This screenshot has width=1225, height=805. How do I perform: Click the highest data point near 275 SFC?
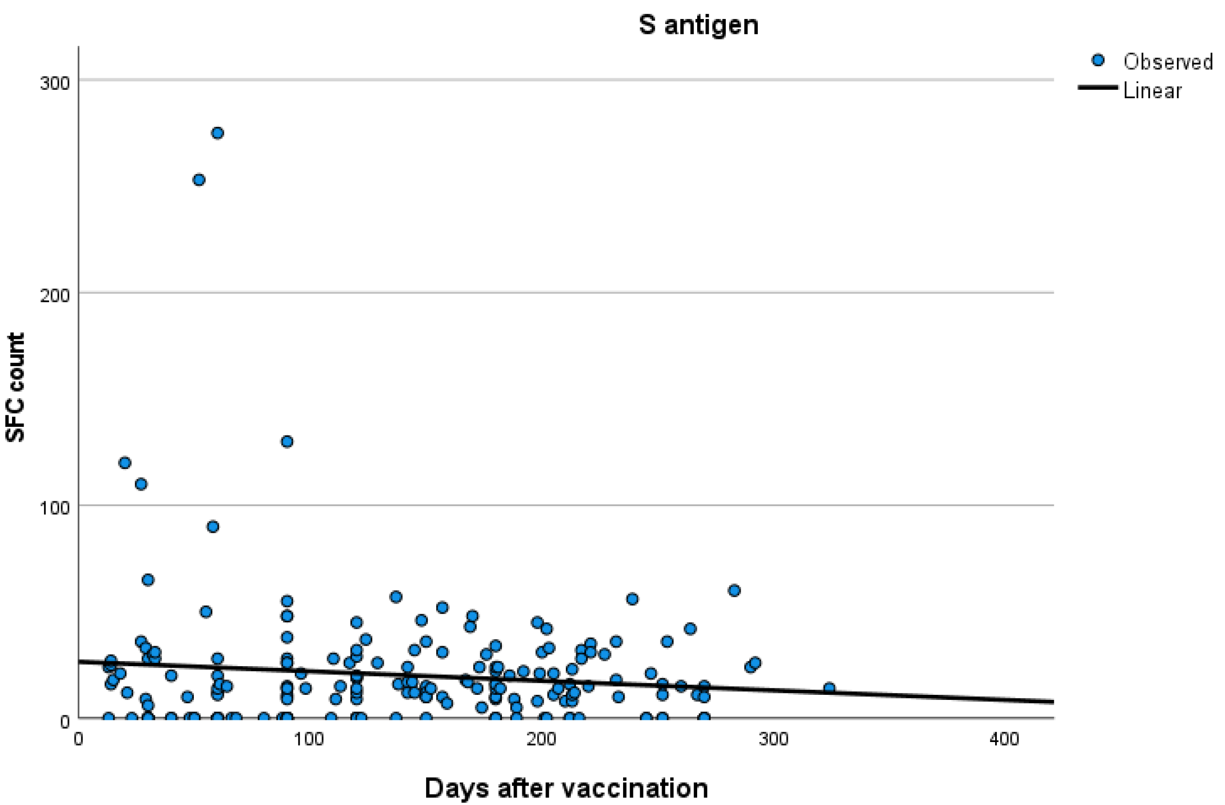(x=217, y=133)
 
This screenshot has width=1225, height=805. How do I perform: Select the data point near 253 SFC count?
(x=198, y=180)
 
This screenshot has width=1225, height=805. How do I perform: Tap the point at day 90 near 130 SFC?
(x=287, y=442)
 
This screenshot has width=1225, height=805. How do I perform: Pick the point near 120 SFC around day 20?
(x=124, y=462)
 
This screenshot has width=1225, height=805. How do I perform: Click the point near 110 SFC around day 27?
(x=141, y=484)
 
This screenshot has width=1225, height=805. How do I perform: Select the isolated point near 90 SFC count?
(x=213, y=526)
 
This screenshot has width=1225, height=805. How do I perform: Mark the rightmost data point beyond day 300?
(x=829, y=688)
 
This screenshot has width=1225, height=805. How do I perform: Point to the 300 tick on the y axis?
(x=55, y=82)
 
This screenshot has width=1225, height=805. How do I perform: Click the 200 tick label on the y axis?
(x=55, y=295)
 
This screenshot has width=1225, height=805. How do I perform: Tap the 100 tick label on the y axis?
(x=55, y=508)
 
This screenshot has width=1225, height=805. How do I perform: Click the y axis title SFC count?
(x=15, y=387)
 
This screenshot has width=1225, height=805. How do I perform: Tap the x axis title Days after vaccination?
(x=566, y=788)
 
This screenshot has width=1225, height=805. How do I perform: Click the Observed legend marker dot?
(x=1098, y=60)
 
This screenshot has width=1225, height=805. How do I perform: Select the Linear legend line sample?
(x=1098, y=88)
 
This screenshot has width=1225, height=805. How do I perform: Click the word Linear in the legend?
(x=1152, y=91)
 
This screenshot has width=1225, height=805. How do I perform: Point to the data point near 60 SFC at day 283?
(x=734, y=590)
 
